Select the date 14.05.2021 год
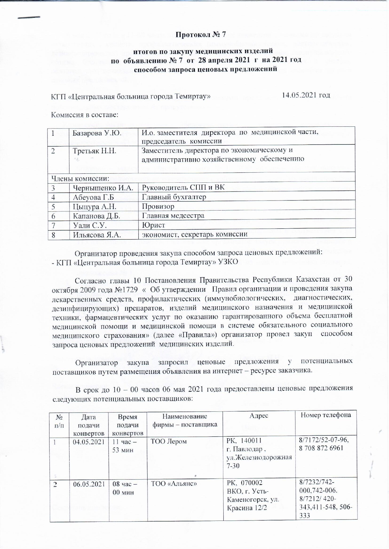pyautogui.click(x=306, y=95)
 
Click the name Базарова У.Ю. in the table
pyautogui.click(x=97, y=133)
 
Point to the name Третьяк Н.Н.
pyautogui.click(x=94, y=151)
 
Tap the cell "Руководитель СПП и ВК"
pyautogui.click(x=183, y=188)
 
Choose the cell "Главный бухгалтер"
pyautogui.click(x=174, y=197)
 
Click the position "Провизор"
pyautogui.click(x=158, y=206)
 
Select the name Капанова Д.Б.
pyautogui.click(x=96, y=216)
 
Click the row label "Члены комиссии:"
pyautogui.click(x=80, y=179)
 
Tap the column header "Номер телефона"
pyautogui.click(x=326, y=415)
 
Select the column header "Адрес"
pyautogui.click(x=259, y=415)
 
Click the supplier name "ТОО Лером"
pyautogui.click(x=169, y=441)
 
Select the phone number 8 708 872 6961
pyautogui.click(x=321, y=448)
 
